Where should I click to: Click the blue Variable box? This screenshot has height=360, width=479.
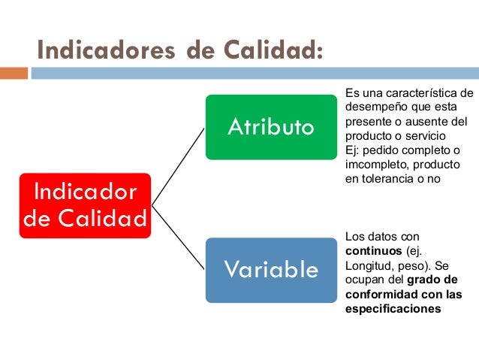pos(271,270)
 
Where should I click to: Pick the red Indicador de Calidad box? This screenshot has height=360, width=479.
pos(84,204)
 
